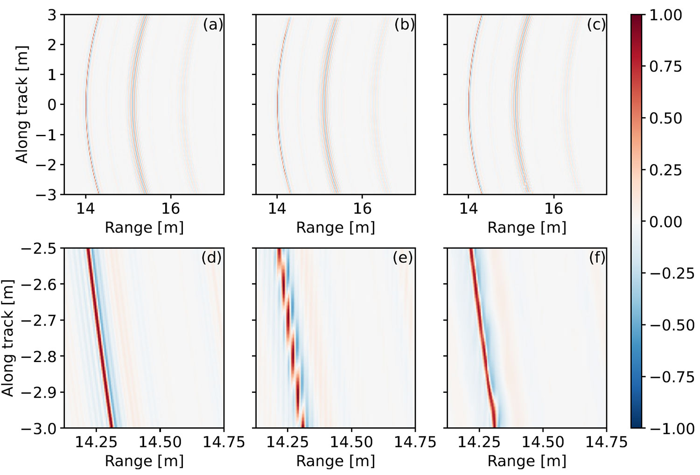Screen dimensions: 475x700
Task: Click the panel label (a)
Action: (x=213, y=25)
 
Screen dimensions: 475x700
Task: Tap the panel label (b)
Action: (x=404, y=25)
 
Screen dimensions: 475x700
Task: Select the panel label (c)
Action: (x=596, y=25)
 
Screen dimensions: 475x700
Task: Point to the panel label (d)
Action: (x=211, y=257)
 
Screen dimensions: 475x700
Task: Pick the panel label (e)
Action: (x=403, y=257)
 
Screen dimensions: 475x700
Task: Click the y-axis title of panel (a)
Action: (x=22, y=105)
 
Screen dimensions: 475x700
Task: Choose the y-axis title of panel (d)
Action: (x=8, y=338)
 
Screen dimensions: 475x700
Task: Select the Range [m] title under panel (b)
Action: (x=336, y=228)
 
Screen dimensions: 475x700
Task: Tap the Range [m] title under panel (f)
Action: (x=527, y=461)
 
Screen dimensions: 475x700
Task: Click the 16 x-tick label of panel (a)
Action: (x=171, y=208)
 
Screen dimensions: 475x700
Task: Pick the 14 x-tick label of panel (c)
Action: (x=469, y=208)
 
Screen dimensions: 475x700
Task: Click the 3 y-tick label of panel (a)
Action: (x=51, y=15)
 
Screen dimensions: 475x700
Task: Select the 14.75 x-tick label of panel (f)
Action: (x=607, y=441)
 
